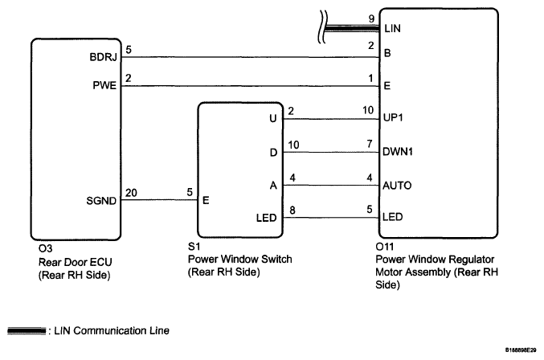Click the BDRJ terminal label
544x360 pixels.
tap(104, 57)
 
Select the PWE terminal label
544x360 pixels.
tap(104, 85)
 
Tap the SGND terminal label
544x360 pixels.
tap(101, 201)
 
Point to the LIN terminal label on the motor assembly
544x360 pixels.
tap(392, 28)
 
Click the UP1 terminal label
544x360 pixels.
tap(393, 117)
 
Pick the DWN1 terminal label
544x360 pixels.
tap(398, 152)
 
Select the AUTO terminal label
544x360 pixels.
tap(397, 186)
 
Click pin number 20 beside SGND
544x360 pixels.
tap(131, 193)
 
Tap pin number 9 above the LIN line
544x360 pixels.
tap(371, 18)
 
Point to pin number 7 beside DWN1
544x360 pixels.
tap(370, 144)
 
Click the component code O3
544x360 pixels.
tap(46, 248)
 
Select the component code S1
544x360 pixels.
tap(194, 246)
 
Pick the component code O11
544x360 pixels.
tap(384, 247)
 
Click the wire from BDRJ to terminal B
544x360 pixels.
tap(250, 57)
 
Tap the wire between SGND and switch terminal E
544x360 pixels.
tap(159, 200)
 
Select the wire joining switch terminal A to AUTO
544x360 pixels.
tap(331, 185)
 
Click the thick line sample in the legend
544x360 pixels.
tap(27, 331)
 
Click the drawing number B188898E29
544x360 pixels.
tap(521, 350)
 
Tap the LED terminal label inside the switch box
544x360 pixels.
tap(267, 218)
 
